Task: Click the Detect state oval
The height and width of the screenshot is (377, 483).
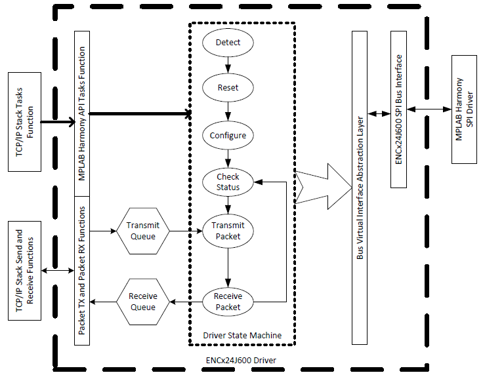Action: point(228,43)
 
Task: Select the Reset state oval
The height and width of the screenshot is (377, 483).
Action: point(228,88)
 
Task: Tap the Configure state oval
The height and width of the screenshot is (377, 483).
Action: point(228,136)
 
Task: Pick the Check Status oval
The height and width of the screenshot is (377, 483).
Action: point(228,182)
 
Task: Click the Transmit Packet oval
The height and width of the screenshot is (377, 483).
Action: point(228,231)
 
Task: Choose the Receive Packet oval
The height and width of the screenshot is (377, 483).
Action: point(228,302)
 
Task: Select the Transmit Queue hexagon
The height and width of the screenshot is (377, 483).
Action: point(143,231)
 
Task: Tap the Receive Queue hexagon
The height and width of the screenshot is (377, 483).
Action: point(143,302)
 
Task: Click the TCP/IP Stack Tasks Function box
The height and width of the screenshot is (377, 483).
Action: point(25,122)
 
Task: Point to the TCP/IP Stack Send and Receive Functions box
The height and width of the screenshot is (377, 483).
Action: point(25,271)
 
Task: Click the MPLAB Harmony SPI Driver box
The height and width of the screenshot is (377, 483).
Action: point(464,109)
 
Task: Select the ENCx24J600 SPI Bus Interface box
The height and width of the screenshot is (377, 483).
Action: point(398,109)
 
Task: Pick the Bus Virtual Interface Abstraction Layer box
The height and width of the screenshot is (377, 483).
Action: point(360,188)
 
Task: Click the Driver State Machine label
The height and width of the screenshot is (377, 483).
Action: point(242,335)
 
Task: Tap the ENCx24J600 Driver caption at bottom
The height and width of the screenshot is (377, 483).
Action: point(241,360)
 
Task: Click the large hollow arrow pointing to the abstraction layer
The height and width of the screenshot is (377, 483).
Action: point(324,186)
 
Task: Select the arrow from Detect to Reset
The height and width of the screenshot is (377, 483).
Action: point(228,65)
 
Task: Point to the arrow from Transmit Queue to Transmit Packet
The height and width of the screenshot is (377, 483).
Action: point(186,231)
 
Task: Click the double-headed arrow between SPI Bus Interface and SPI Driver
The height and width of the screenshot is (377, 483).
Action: point(429,109)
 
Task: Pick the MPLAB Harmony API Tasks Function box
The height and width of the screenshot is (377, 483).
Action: point(82,113)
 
